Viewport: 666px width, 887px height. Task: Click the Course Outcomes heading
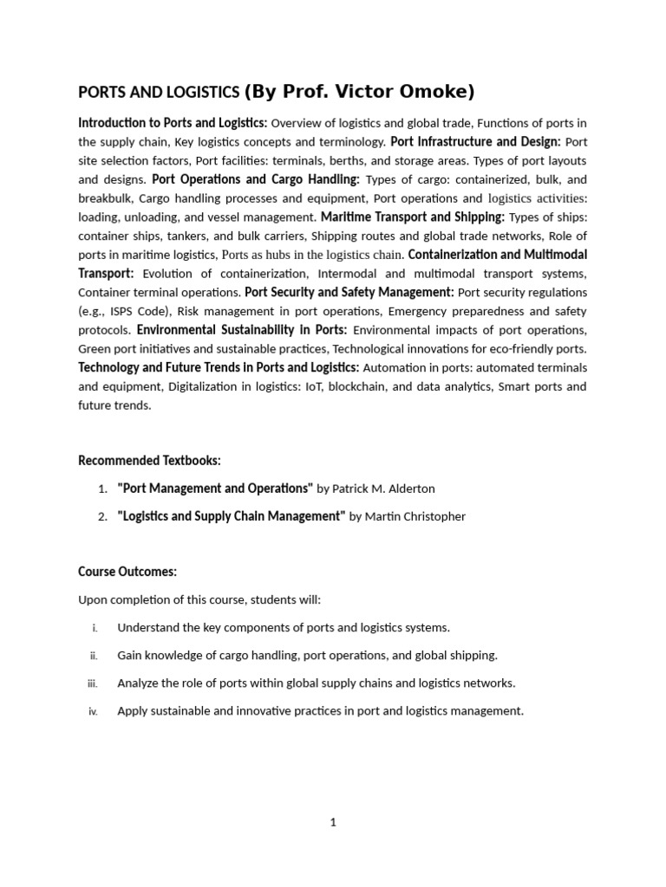coord(127,572)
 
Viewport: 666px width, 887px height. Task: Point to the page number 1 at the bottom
coord(332,823)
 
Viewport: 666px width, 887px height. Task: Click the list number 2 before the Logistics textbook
coord(102,516)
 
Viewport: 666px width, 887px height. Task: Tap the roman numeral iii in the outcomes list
coord(93,683)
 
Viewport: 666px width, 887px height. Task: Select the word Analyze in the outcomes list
coord(140,683)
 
